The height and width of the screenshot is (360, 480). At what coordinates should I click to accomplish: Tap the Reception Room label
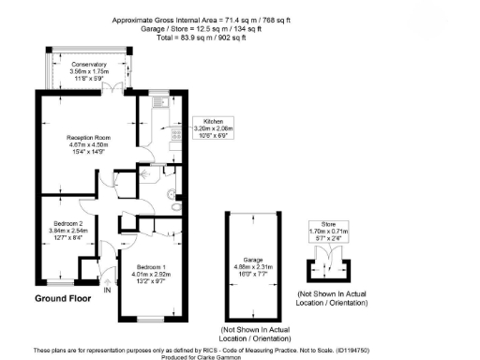(89, 137)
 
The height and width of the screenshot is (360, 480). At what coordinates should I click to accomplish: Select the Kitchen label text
(212, 121)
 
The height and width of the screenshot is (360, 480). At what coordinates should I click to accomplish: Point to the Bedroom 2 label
(67, 222)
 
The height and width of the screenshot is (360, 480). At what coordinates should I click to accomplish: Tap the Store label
(327, 224)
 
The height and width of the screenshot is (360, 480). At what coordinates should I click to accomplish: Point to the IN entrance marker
(108, 291)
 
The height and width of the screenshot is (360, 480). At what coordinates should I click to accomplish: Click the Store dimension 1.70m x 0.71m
(327, 231)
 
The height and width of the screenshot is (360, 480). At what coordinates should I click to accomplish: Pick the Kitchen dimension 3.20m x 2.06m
(212, 127)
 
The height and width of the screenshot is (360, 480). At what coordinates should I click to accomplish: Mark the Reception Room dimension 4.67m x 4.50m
(89, 144)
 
